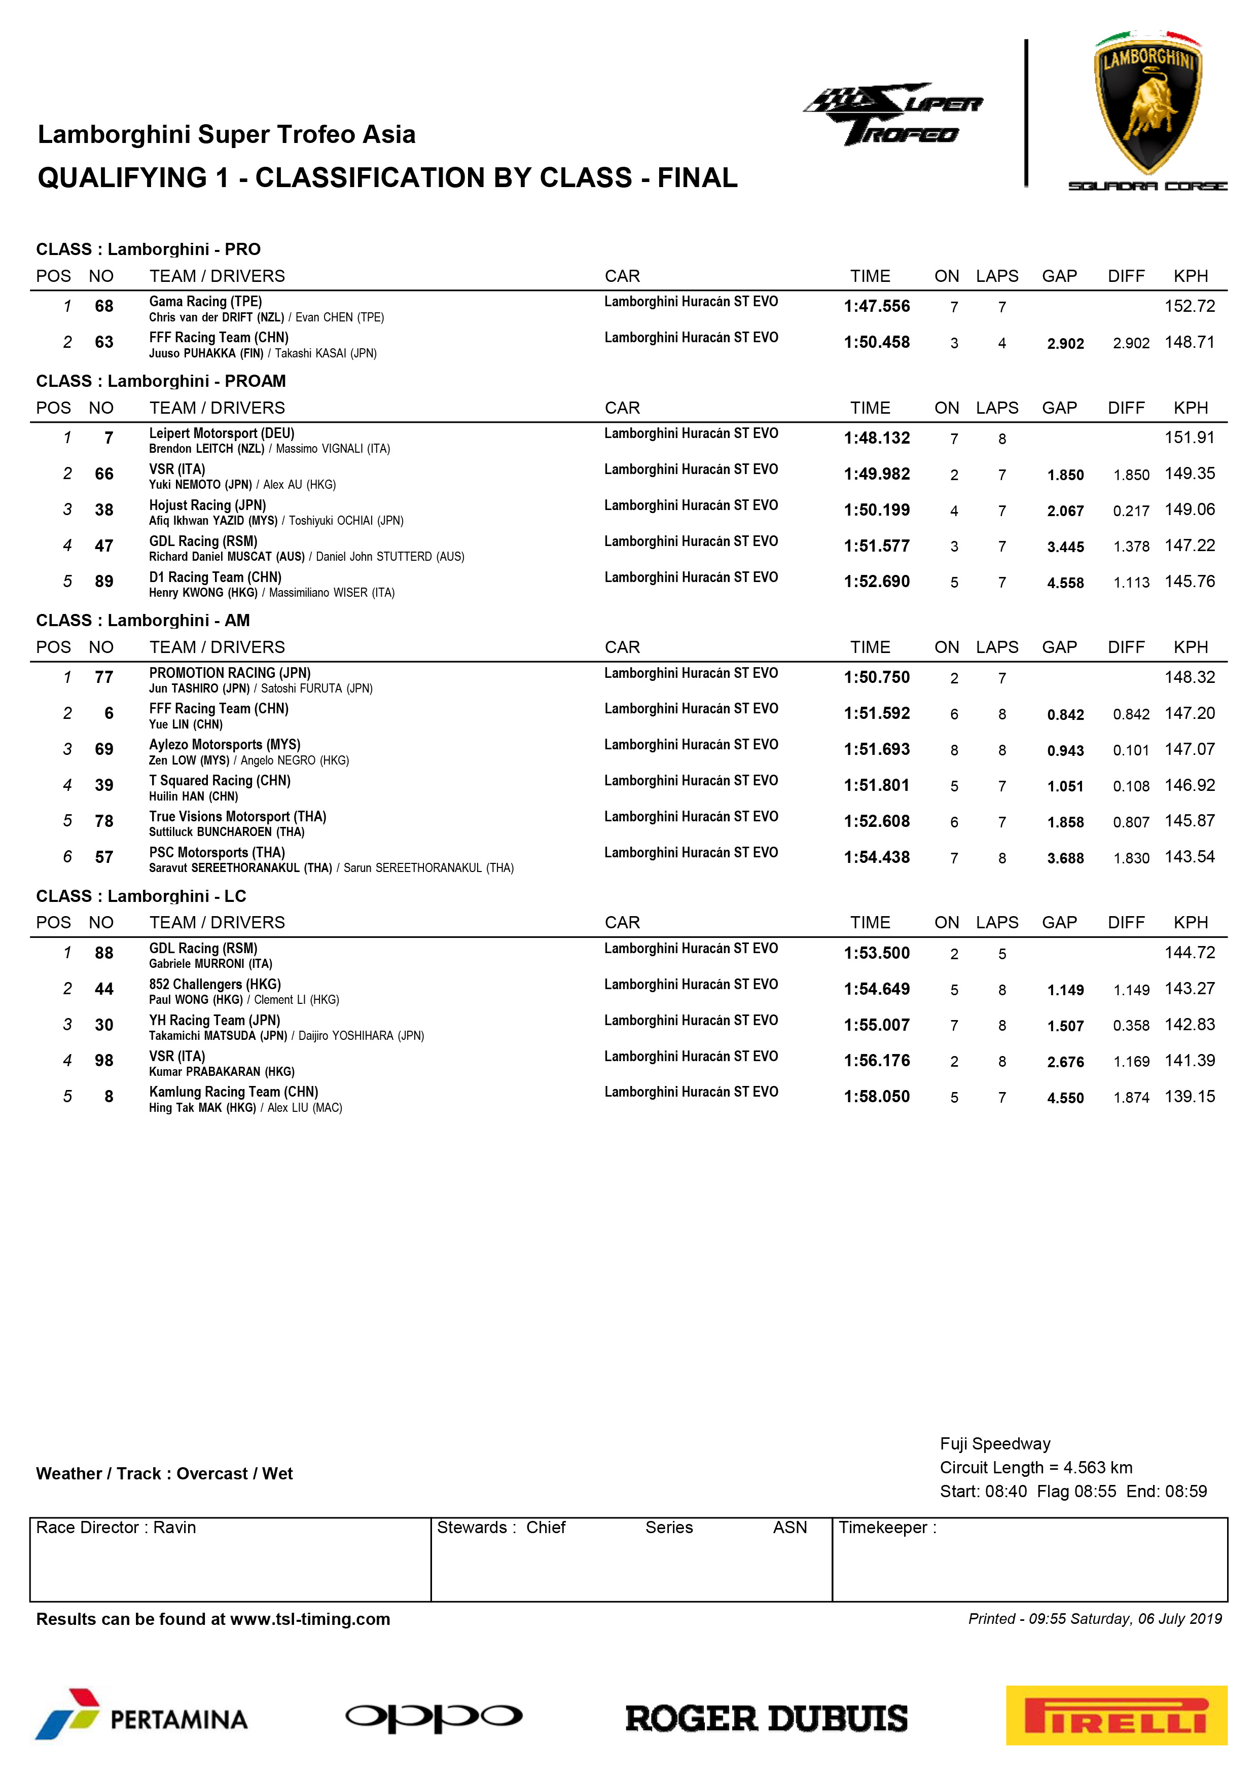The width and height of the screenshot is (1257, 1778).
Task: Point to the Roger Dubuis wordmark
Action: point(766,1718)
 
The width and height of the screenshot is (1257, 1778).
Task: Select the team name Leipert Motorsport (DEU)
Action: point(222,433)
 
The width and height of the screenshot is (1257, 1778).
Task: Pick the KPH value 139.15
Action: point(1190,1097)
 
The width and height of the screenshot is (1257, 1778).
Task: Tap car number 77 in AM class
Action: point(104,678)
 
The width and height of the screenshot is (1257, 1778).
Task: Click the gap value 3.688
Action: point(1065,858)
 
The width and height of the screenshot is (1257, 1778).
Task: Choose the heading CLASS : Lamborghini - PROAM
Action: point(161,381)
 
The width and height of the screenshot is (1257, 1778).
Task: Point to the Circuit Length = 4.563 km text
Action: point(1035,1467)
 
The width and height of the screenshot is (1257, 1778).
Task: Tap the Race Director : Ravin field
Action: point(116,1527)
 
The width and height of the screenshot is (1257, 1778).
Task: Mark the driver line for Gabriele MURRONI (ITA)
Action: point(210,964)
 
